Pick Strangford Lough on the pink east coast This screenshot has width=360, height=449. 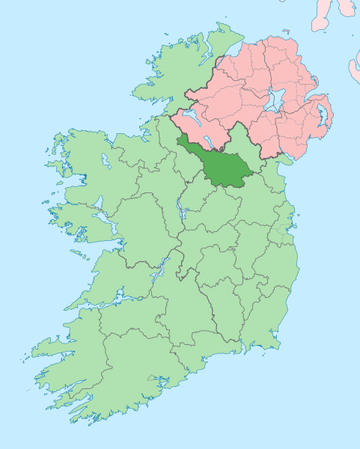[x=323, y=115]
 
